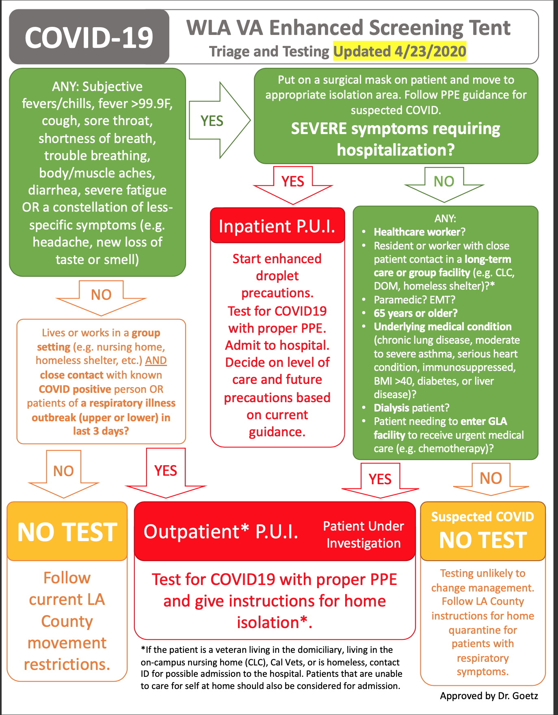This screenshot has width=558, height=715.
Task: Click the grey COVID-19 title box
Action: [x=89, y=37]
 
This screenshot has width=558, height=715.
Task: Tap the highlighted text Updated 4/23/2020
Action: [x=400, y=52]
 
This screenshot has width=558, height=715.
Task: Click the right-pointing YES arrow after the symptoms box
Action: [x=218, y=121]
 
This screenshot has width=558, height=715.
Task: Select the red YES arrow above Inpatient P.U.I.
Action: [x=293, y=184]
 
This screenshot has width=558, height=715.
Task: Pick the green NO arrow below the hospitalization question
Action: [x=444, y=183]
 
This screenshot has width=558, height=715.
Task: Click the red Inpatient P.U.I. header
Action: [x=277, y=226]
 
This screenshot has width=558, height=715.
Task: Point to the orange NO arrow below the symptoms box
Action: [x=101, y=297]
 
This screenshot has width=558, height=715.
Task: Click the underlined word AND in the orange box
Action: [x=156, y=360]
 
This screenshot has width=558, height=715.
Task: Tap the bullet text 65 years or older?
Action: [x=415, y=313]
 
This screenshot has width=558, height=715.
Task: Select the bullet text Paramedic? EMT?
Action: [x=414, y=300]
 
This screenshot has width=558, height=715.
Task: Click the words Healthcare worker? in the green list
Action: [x=420, y=232]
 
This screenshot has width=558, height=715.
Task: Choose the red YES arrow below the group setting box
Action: [x=166, y=473]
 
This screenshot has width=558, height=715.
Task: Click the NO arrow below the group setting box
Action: [x=64, y=474]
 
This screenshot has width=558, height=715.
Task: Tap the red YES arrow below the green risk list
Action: [x=380, y=481]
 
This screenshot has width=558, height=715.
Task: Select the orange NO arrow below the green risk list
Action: [x=491, y=479]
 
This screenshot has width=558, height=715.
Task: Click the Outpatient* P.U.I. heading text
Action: [x=221, y=532]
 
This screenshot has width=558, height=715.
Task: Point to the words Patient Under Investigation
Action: [x=363, y=535]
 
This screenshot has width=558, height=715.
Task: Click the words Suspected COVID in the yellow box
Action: [x=482, y=517]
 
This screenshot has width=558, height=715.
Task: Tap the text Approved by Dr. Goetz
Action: [x=489, y=696]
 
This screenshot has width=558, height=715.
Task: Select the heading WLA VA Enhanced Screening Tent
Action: [x=348, y=28]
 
